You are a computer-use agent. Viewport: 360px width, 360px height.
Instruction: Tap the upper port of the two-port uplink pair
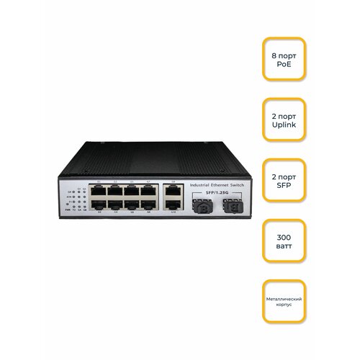coord(172,192)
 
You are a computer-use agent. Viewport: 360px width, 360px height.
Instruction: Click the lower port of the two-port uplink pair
coord(172,204)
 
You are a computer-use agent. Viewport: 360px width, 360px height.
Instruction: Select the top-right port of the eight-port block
coord(148,192)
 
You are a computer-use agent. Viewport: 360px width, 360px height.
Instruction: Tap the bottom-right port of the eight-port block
coord(148,204)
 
